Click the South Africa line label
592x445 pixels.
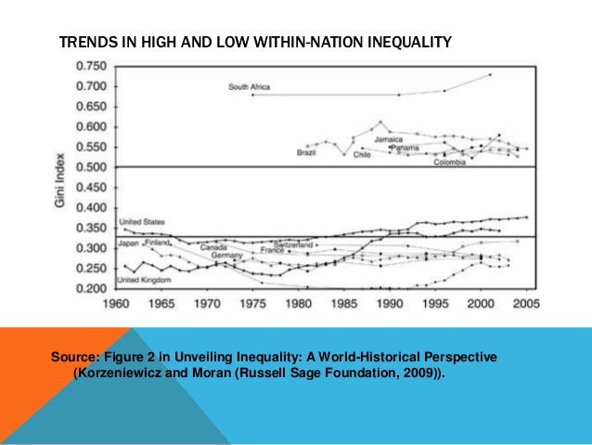point(249,87)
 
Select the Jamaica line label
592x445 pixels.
point(389,139)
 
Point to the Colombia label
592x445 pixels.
point(449,162)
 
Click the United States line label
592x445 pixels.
point(143,222)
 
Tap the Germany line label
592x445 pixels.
point(225,255)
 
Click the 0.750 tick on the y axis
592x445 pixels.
point(91,66)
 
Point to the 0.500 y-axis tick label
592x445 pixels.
point(91,167)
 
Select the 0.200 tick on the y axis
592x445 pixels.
point(91,289)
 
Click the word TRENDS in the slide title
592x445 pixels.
point(84,44)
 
